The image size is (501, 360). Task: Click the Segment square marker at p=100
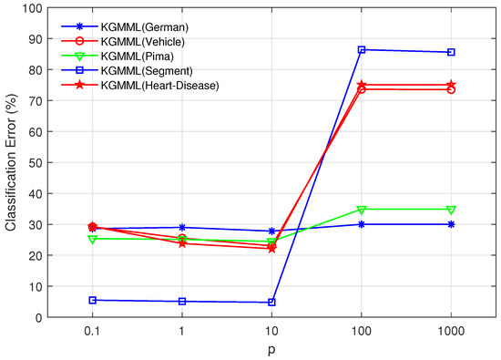(x=362, y=50)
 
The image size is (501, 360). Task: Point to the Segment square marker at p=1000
(x=451, y=52)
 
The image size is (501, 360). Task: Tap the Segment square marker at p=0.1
(x=93, y=300)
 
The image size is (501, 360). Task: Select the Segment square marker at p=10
(x=272, y=303)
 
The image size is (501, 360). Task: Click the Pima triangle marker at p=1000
(x=451, y=210)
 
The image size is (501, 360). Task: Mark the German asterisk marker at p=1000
(x=451, y=224)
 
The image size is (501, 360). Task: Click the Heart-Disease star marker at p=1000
(x=451, y=85)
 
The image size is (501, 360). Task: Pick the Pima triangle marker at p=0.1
(x=93, y=239)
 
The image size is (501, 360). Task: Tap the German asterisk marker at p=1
(x=182, y=227)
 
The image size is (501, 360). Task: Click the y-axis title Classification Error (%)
(x=13, y=162)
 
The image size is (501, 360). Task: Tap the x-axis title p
(x=271, y=349)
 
